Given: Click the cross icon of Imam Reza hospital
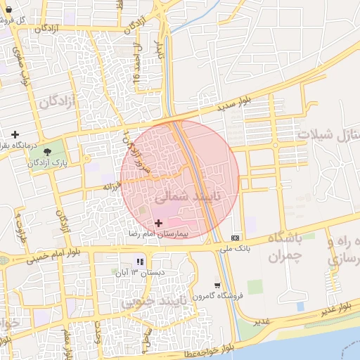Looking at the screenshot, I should point(157,222).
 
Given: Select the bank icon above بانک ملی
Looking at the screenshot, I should point(234,237).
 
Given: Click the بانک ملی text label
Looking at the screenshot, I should point(234,248).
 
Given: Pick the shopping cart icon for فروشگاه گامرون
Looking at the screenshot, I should point(217,285).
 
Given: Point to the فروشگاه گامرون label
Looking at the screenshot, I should point(219,296).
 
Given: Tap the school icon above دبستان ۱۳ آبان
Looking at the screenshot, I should point(130,262).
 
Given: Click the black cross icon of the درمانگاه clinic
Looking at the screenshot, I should point(14,134).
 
